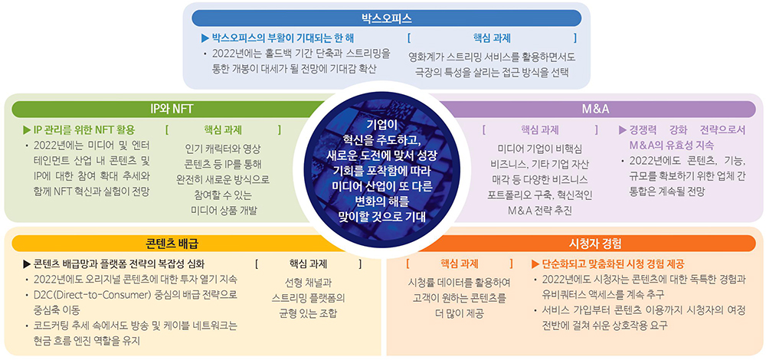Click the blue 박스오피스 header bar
(386, 18)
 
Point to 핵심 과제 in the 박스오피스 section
(492, 38)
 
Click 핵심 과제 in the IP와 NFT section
(223, 130)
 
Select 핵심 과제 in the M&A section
(540, 130)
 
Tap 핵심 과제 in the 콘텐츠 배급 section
(308, 263)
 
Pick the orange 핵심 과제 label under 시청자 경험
(459, 263)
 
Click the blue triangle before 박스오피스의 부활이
(205, 38)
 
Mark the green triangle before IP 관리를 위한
(27, 130)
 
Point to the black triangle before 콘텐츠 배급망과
(27, 263)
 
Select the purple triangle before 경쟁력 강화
(623, 130)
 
